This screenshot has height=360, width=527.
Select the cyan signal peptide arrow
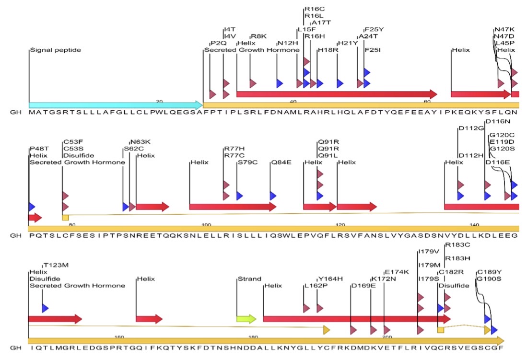click(x=115, y=105)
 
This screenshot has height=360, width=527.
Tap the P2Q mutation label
click(x=218, y=42)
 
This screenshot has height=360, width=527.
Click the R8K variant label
click(x=258, y=36)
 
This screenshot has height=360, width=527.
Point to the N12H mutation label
click(x=287, y=43)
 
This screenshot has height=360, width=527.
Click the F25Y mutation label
click(x=375, y=29)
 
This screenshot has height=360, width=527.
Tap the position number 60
click(x=426, y=101)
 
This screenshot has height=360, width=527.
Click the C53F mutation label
click(x=74, y=142)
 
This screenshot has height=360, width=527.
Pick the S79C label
click(x=247, y=162)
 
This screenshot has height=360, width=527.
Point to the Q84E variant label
click(x=281, y=162)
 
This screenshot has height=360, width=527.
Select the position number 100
click(x=206, y=225)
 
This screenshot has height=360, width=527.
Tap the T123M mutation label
click(x=55, y=265)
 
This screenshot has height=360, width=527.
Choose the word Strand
click(x=249, y=279)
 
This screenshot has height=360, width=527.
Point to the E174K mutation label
click(x=396, y=272)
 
